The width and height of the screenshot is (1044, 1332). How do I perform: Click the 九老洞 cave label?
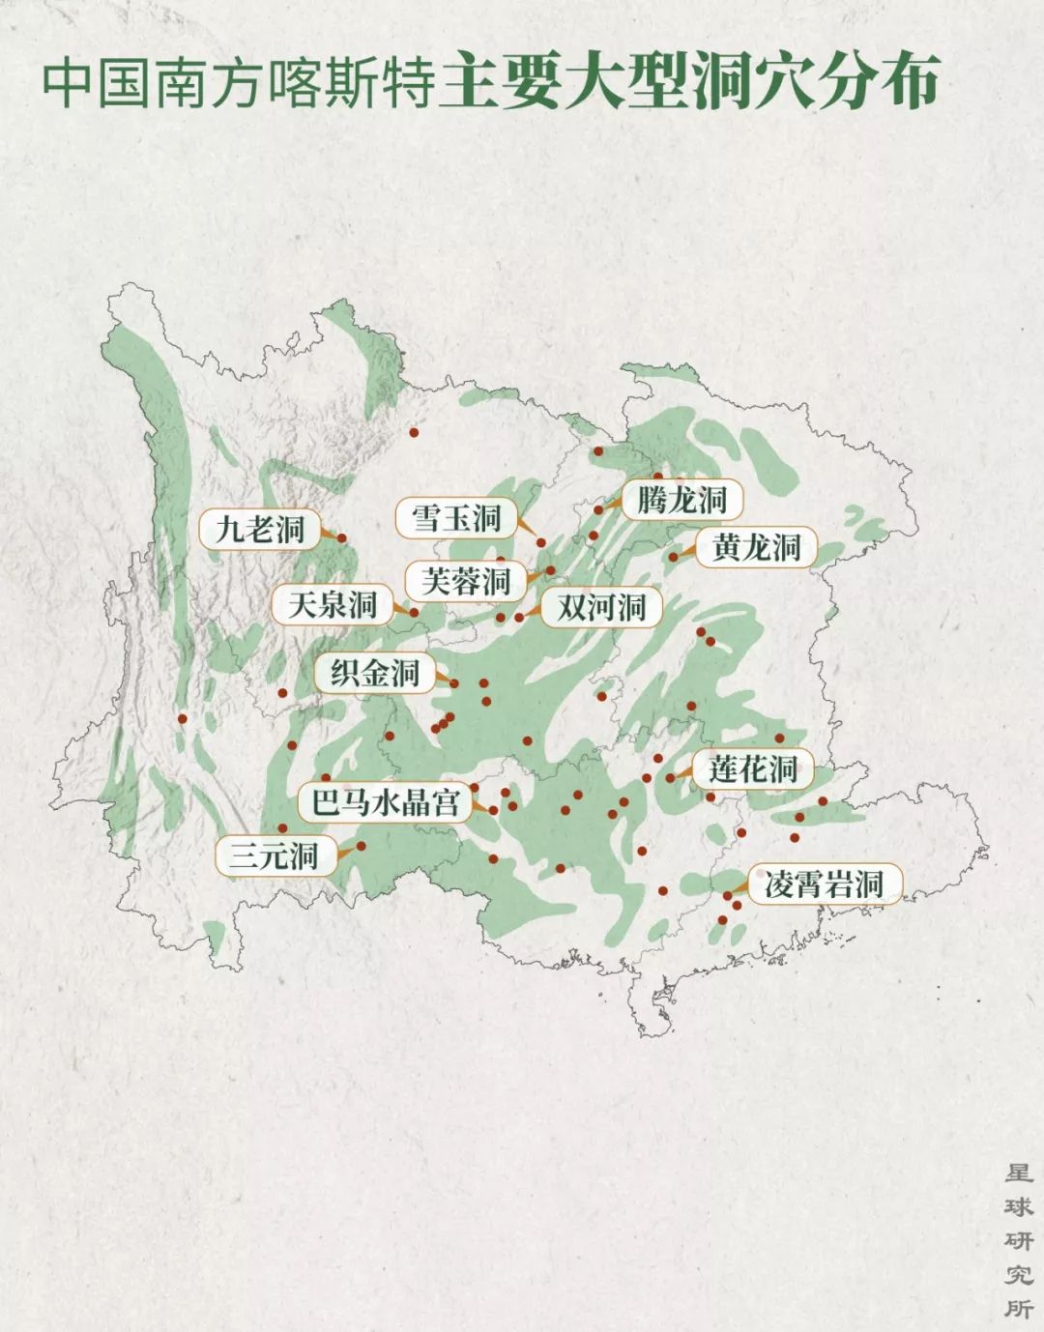(x=259, y=530)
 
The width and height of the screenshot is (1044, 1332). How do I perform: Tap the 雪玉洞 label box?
(x=456, y=519)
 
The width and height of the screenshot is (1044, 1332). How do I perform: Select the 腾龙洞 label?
(x=681, y=500)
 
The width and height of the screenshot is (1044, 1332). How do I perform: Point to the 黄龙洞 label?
(x=756, y=548)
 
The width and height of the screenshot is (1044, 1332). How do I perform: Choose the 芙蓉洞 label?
(x=466, y=581)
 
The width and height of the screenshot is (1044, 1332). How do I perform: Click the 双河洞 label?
(x=601, y=608)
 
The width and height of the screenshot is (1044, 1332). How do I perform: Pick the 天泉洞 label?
(x=332, y=605)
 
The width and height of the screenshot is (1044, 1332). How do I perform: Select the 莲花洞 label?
(x=752, y=769)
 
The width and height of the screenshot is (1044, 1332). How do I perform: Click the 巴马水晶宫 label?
(x=384, y=802)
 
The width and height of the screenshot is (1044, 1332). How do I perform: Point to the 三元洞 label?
(x=275, y=855)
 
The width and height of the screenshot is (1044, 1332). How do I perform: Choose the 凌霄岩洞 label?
(x=824, y=884)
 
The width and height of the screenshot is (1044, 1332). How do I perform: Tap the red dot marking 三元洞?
(x=361, y=846)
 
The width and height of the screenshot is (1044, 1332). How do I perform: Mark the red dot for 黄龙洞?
(x=674, y=557)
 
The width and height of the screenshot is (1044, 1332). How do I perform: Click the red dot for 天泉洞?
(x=414, y=612)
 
